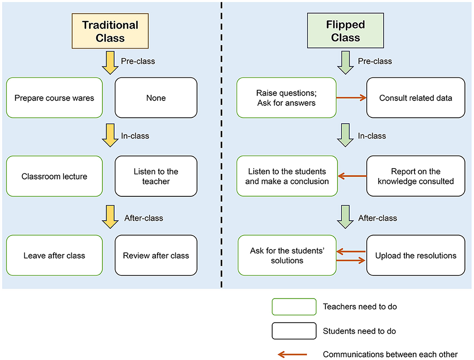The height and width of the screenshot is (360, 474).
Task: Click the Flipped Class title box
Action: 345,31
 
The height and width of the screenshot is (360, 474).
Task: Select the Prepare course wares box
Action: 55,98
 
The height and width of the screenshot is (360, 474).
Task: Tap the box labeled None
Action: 156,98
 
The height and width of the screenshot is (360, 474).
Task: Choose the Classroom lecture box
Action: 55,176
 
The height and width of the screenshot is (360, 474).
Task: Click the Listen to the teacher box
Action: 156,176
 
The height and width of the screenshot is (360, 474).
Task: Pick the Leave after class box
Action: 55,255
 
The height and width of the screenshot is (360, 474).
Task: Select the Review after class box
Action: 156,255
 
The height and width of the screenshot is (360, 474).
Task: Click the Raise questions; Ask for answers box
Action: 287,98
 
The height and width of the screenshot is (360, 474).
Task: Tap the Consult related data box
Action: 416,98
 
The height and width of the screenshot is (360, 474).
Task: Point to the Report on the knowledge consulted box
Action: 416,176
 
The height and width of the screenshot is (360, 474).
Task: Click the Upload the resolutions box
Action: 416,255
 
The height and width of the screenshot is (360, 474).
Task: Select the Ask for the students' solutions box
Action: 287,255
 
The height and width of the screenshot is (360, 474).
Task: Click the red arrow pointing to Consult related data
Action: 351,98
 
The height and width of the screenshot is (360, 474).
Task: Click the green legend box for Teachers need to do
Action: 294,307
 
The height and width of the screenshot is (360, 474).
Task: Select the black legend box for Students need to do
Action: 294,331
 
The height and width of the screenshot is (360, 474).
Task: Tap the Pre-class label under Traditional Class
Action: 138,62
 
